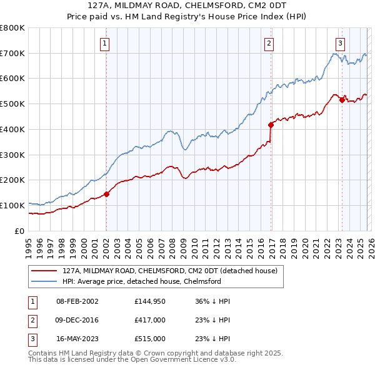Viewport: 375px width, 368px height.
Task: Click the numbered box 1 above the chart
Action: tap(104, 43)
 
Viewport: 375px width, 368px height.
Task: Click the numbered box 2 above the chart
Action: tap(269, 43)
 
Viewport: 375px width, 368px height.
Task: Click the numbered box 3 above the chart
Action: tap(340, 43)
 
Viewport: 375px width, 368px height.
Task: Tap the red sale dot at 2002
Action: tap(106, 194)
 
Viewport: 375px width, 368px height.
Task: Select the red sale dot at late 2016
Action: tap(271, 124)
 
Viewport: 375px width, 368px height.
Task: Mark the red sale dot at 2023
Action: tap(342, 99)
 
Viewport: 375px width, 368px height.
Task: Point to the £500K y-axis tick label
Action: tap(12, 104)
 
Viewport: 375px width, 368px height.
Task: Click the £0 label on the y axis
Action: tap(19, 231)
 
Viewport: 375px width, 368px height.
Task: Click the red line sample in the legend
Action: tap(44, 271)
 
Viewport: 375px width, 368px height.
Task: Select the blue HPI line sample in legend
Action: tap(44, 281)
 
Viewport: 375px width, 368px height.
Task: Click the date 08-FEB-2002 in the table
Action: tap(77, 301)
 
